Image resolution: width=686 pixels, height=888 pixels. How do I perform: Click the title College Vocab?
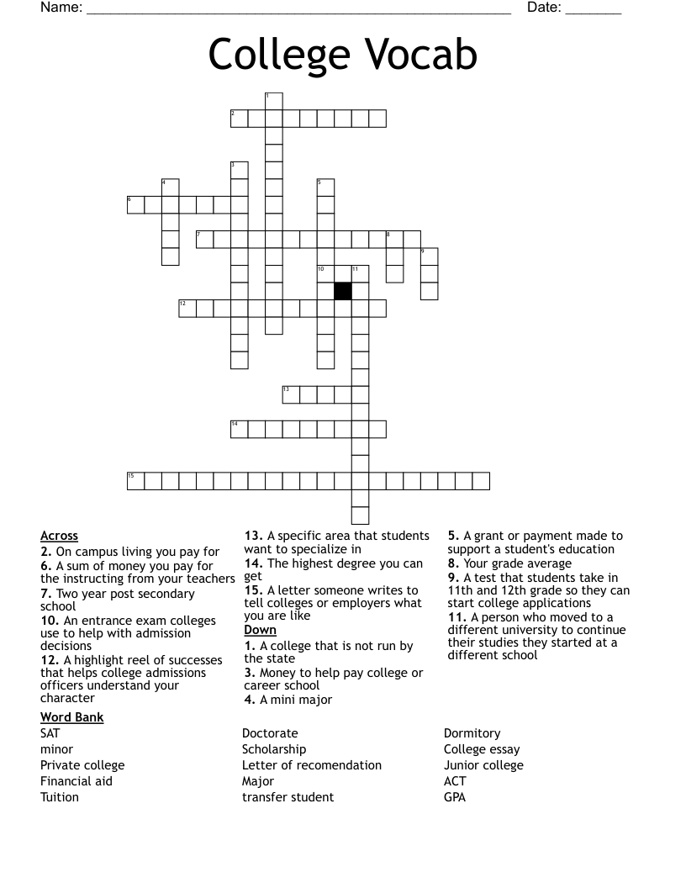pos(342,55)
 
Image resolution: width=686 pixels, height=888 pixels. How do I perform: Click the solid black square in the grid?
pos(342,291)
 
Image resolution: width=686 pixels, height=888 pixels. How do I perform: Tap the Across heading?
pos(59,536)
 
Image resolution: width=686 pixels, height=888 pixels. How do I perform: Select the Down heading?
pos(260,630)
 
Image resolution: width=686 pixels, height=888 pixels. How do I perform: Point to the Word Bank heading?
pos(71,717)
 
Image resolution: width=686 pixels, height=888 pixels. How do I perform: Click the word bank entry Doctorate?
pos(270,733)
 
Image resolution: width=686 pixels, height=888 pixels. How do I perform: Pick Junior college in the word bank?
pos(483,765)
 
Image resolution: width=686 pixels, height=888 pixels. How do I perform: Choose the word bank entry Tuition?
pos(60,797)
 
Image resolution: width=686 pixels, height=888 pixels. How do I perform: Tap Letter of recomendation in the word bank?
pos(312,765)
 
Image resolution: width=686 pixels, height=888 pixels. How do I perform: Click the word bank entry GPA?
pos(455,797)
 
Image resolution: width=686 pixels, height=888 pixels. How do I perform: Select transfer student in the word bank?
pos(288,797)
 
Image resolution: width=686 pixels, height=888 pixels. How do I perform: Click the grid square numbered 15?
pos(135,481)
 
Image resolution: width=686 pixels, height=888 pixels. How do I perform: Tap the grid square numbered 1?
pos(273,101)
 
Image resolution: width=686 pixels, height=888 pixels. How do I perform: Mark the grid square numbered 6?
pos(135,204)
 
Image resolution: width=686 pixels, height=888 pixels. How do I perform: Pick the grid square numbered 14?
pos(240,429)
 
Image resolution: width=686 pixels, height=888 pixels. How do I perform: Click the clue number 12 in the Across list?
pos(48,660)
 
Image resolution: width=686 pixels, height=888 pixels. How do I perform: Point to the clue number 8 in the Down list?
pos(452,563)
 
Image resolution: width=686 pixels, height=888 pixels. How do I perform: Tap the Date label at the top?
pos(544,8)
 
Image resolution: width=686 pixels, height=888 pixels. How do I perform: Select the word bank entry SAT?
pos(50,733)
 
